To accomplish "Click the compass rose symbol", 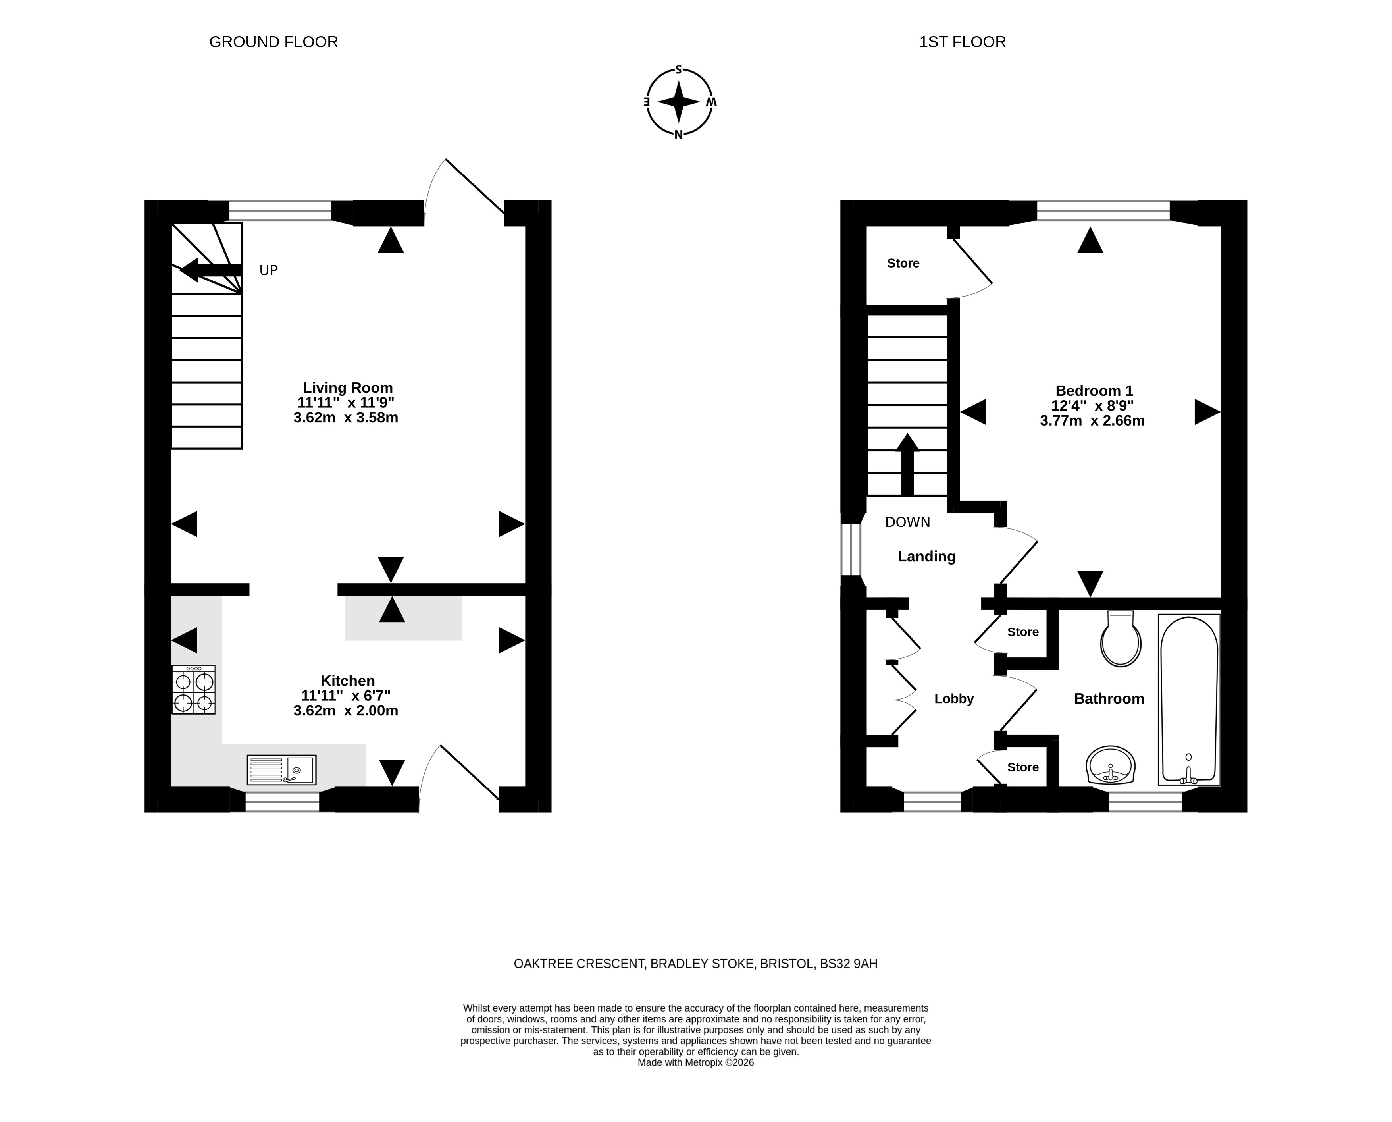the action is tap(679, 102).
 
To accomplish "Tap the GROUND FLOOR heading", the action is tap(273, 42).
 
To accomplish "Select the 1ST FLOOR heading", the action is tap(962, 42).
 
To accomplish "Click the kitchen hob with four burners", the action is tap(193, 690).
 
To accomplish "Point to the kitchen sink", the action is tap(281, 770).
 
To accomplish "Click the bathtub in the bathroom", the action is tap(1189, 699).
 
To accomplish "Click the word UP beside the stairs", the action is tap(269, 270).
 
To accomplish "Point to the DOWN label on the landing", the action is tap(907, 522).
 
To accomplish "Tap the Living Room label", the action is tap(348, 388).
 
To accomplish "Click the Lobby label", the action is tap(954, 699).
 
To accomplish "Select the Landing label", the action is tap(926, 557).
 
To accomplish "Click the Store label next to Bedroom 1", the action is tap(903, 263).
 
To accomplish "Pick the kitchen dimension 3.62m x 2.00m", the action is tap(346, 710).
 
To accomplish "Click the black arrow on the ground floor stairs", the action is tap(210, 270).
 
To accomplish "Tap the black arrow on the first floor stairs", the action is tap(907, 464).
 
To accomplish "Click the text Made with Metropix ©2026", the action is tap(695, 1062).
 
